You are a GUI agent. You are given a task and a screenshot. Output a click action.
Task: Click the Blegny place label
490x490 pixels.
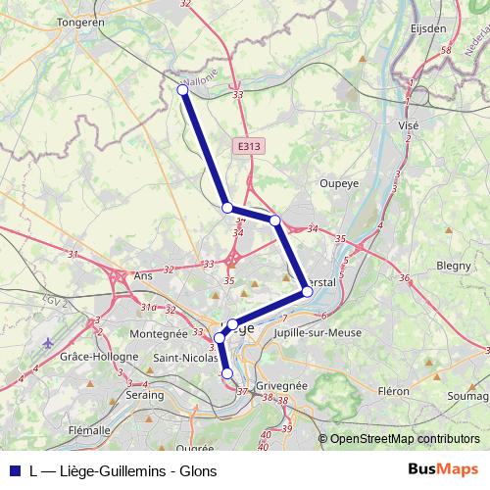coord(454,265)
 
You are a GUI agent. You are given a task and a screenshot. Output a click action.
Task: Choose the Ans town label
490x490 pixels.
coord(144,276)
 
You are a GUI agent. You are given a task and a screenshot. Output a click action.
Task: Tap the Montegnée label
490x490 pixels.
coord(157,334)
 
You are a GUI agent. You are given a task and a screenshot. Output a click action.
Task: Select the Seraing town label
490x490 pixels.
coord(145,395)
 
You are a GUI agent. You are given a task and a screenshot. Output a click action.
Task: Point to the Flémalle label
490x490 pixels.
coord(89,429)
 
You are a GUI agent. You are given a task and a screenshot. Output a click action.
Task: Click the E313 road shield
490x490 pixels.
coord(249,146)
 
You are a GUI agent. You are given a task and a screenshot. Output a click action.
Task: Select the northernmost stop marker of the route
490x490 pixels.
coord(182,90)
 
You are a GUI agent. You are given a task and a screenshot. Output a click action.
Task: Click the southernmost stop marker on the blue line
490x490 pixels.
coord(227,372)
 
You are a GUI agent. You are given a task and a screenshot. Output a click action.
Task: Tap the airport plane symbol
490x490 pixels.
coord(49,343)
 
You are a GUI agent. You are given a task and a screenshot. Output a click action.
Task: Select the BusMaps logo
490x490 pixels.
coord(442,469)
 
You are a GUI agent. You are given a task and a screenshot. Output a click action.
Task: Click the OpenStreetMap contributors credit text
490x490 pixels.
coord(405,439)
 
